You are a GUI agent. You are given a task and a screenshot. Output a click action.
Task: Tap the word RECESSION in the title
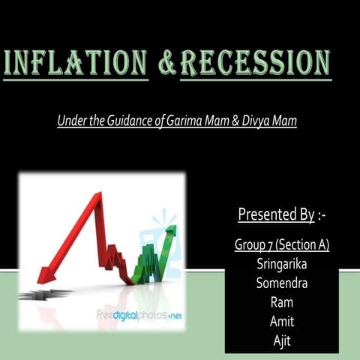[255, 64]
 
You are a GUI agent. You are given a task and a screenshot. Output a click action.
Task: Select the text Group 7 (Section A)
[282, 245]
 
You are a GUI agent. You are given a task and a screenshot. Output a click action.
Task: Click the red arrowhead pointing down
[47, 274]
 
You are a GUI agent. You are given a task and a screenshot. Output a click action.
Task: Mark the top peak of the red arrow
[95, 196]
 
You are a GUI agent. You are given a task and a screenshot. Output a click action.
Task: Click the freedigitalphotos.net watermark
[139, 315]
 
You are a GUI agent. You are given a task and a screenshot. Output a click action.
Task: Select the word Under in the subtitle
[71, 120]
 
